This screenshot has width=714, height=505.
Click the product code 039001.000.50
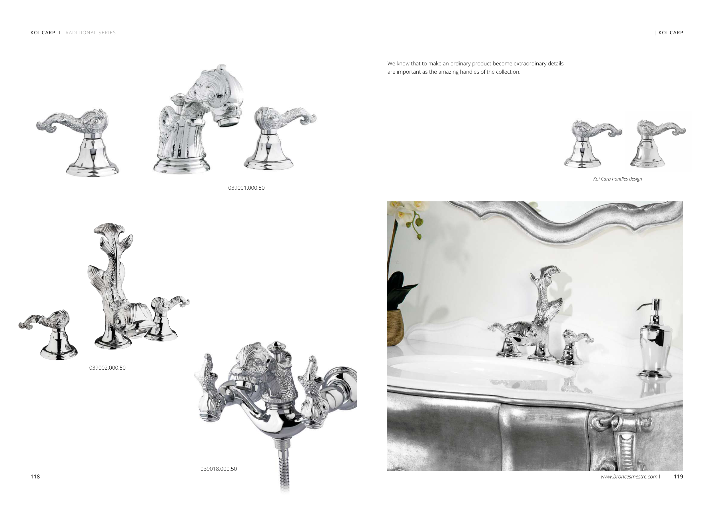tap(246, 188)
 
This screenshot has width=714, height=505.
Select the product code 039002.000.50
tap(107, 368)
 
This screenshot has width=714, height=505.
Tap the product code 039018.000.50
tap(218, 469)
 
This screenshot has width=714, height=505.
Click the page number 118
tap(35, 477)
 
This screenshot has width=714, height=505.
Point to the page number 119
tap(679, 477)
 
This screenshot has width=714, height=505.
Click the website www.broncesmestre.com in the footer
tap(629, 477)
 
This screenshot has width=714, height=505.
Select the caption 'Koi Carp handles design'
tap(617, 179)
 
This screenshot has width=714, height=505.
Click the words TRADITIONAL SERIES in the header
tap(89, 33)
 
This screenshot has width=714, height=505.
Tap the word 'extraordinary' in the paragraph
tap(530, 64)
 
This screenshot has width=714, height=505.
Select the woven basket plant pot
tap(395, 328)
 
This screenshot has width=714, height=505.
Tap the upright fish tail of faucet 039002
tap(109, 236)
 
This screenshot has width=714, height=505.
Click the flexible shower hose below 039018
tap(283, 466)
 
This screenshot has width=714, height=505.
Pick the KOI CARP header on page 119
tap(671, 33)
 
